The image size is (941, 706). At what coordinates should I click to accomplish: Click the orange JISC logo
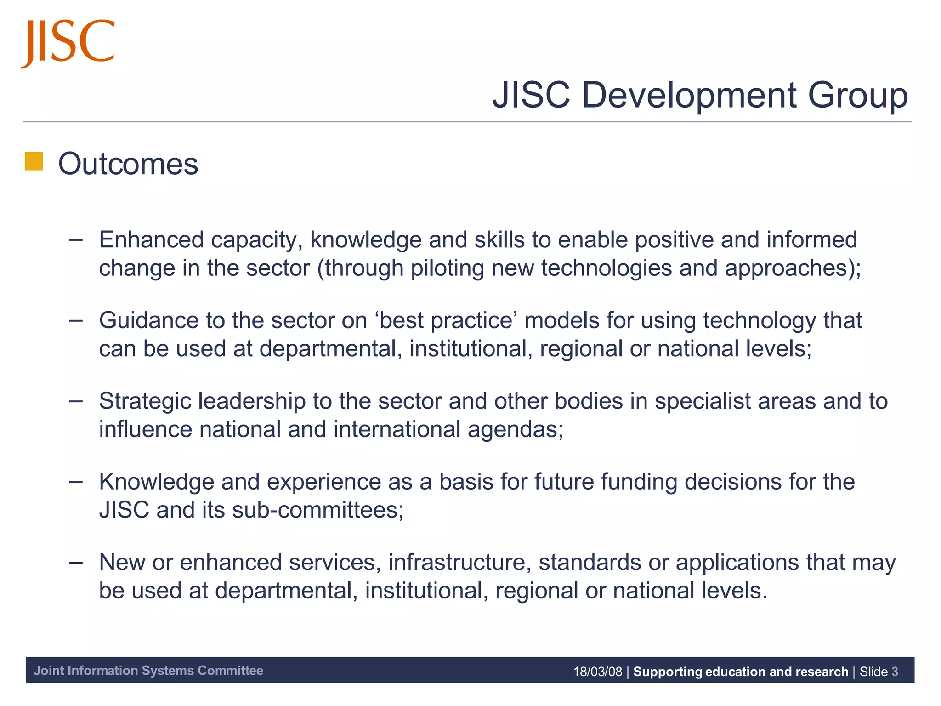[68, 42]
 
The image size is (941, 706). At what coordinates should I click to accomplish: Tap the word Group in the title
[857, 95]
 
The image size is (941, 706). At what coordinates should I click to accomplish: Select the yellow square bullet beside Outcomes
[34, 161]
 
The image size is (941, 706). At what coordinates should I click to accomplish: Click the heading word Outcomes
[128, 164]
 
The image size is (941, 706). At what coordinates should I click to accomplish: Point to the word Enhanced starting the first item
[151, 239]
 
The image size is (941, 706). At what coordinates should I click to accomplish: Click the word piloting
[447, 268]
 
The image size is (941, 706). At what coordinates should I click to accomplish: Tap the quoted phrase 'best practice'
[446, 320]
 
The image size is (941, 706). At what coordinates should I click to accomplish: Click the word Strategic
[145, 401]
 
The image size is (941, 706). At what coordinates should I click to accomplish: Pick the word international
[397, 429]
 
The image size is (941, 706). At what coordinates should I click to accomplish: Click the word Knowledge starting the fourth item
[156, 482]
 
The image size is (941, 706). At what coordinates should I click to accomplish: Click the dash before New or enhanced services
[76, 562]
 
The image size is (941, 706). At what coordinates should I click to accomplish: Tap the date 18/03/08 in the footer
[597, 672]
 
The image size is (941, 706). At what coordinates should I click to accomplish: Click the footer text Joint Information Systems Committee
[148, 671]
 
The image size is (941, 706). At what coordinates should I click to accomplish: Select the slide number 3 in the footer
[894, 672]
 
